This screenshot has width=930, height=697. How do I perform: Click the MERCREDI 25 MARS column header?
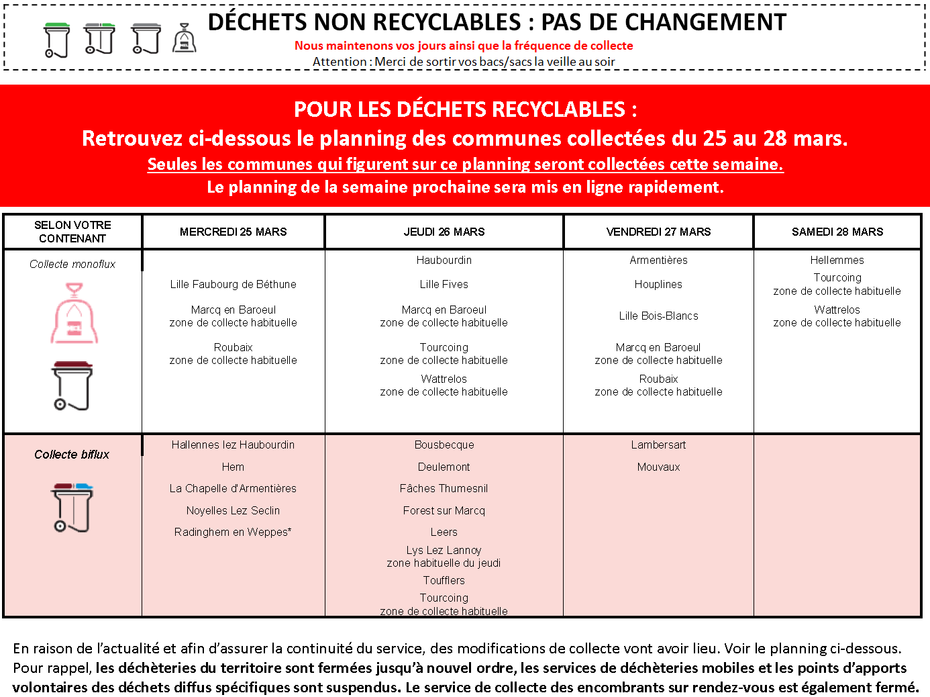point(233,232)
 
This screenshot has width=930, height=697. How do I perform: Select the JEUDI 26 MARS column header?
point(444,232)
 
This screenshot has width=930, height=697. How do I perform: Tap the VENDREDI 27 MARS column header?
point(658,232)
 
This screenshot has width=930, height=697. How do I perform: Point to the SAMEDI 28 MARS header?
point(837,232)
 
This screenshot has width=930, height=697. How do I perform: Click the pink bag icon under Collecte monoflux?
point(74,314)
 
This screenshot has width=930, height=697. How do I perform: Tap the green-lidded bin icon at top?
point(57,40)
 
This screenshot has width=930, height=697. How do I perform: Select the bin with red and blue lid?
point(72,507)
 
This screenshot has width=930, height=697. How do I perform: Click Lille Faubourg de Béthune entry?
point(233,284)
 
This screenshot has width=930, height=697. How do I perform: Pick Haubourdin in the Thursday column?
point(444,260)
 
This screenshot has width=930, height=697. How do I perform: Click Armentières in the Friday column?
point(658,260)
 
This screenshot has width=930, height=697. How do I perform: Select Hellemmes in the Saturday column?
point(837,260)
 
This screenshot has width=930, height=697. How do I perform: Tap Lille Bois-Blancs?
point(658,316)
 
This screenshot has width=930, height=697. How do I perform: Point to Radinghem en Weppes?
point(233,532)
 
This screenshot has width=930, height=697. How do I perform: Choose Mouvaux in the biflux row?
point(658,467)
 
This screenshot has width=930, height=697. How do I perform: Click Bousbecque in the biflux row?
point(444,445)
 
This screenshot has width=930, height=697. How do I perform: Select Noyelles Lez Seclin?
point(233,510)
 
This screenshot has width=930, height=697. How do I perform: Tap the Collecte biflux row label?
point(72,455)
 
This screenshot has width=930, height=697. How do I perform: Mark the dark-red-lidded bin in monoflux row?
point(72,385)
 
